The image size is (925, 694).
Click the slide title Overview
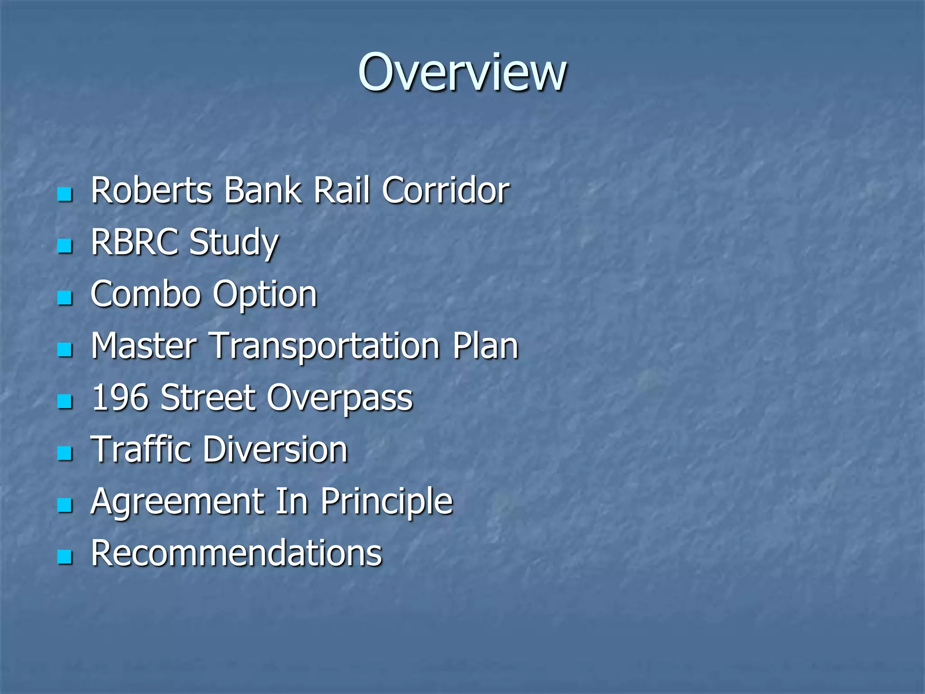click(x=462, y=72)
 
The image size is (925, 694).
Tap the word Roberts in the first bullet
click(x=151, y=190)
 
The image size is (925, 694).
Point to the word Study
click(x=234, y=243)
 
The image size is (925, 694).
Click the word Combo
click(x=145, y=294)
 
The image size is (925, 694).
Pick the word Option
click(x=265, y=295)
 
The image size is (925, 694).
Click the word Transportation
click(x=325, y=347)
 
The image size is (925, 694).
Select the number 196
click(x=120, y=398)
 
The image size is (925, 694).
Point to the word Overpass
click(x=339, y=399)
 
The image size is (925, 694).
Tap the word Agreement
click(x=177, y=502)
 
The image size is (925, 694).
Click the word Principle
click(x=387, y=502)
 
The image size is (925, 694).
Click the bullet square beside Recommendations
click(x=65, y=557)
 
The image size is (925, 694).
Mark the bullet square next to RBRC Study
click(x=65, y=246)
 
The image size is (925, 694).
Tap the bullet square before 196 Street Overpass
click(x=65, y=401)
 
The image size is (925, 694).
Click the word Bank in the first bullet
click(x=262, y=190)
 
